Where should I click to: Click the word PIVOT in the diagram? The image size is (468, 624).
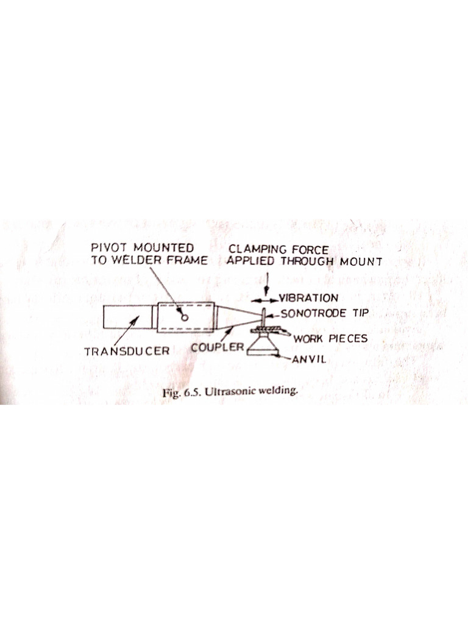(x=107, y=249)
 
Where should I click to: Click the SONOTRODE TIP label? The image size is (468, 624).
(x=322, y=314)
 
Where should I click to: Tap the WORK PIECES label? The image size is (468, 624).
(x=330, y=338)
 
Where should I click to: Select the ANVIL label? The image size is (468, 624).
(x=310, y=359)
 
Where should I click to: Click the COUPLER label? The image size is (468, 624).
(x=217, y=348)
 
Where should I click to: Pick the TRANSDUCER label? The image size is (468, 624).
(x=127, y=352)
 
